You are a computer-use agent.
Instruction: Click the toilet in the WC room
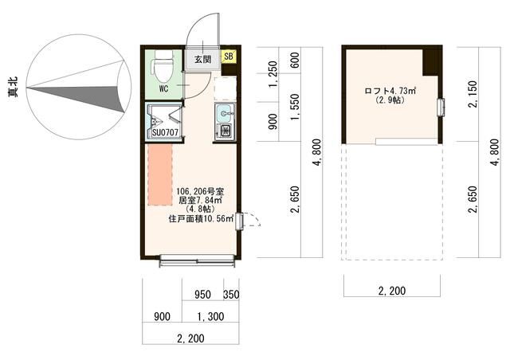pos(163,67)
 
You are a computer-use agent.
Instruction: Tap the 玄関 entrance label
pos(202,59)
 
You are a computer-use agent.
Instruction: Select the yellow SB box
pos(229,57)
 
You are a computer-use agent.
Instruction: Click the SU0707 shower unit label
pos(165,132)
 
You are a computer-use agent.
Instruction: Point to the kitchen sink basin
pos(225,113)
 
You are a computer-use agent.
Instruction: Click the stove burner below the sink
pos(225,131)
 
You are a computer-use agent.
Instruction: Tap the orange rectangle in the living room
pos(160,175)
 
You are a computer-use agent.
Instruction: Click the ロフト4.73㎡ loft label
pos(390,91)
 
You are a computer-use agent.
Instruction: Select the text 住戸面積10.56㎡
pos(201,218)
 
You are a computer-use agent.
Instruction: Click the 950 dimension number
pos(202,295)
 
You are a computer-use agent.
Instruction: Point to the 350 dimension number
pos(231,295)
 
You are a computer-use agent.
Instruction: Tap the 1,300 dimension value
pos(210,316)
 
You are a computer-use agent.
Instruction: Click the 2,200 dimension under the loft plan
pos(392,291)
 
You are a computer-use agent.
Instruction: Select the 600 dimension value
pos(295,61)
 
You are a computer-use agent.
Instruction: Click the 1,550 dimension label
pos(295,107)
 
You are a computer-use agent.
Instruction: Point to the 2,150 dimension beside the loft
pos(473,94)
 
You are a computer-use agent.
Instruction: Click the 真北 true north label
pos(14,87)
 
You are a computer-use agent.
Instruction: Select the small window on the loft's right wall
pos(441,107)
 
